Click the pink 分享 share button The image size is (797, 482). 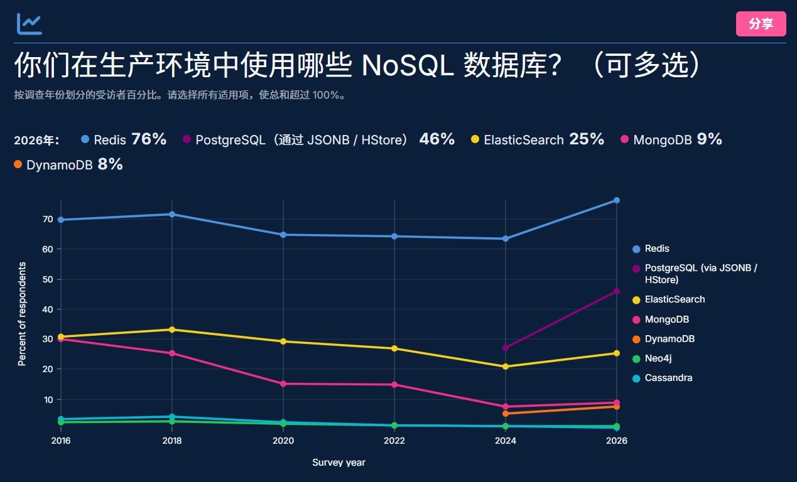point(761,24)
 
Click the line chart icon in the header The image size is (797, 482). point(29,24)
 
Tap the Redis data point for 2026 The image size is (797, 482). point(617,200)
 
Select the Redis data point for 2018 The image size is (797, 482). point(172,215)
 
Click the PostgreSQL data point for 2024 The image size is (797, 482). point(505,347)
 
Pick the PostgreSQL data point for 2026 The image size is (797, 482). point(617,291)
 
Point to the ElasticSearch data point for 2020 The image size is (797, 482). point(283,341)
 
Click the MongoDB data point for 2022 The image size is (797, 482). point(394,385)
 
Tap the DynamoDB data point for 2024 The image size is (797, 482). point(505,414)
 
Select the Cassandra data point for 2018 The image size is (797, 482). point(172,417)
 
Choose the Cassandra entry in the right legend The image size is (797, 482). point(662,378)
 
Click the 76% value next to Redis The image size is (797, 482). point(149,139)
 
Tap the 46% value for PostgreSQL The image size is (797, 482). point(436,139)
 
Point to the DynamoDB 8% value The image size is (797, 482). point(110,164)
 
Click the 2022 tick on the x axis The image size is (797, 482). point(394,441)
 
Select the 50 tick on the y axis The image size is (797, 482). point(48,279)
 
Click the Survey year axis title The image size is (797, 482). point(339,463)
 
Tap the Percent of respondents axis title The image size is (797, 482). point(22,314)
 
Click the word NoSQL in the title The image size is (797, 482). point(408,65)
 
